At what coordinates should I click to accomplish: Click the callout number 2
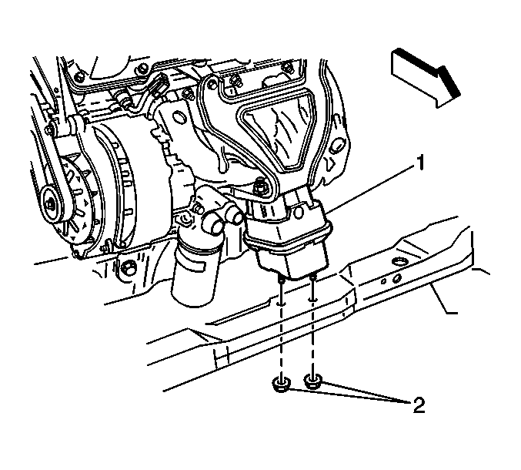coord(419,405)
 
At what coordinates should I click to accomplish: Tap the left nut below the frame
coord(281,385)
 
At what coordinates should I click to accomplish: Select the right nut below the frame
coord(313,381)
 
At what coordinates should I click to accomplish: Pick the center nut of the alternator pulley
coord(51,203)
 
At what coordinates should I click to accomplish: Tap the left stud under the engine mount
coord(282,287)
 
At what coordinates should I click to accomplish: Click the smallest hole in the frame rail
coord(383,282)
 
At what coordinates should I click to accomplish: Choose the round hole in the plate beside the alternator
coord(180,117)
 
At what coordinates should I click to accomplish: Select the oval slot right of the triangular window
coord(338,146)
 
